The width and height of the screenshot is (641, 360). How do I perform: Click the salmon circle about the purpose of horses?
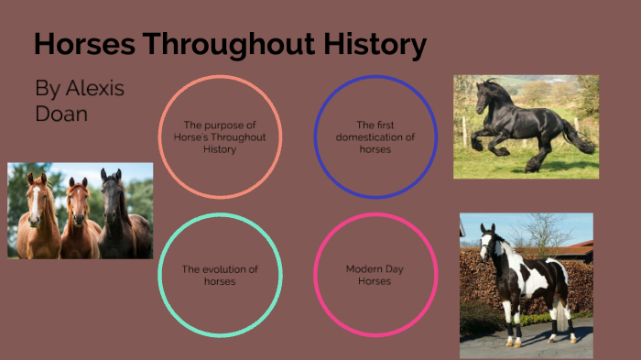coord(220,137)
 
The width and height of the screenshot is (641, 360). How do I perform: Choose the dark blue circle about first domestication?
coord(375,137)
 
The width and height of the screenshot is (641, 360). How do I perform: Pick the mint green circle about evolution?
coord(220,275)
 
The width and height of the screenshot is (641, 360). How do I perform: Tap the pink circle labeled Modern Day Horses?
coord(375,275)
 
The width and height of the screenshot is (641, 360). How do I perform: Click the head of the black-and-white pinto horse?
coord(487,243)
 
